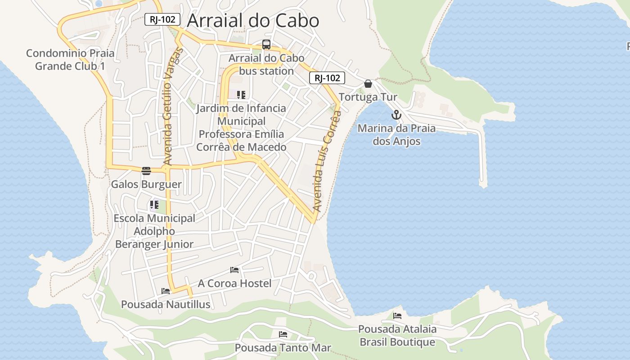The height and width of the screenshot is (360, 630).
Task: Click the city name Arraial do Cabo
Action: coord(253,21)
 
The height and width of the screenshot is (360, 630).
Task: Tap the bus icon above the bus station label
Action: coord(266,45)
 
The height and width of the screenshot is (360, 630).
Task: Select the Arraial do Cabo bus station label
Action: coord(266,64)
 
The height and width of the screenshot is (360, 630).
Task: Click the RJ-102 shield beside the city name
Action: coord(162,19)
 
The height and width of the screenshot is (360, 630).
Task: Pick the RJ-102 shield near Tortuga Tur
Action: coord(327,78)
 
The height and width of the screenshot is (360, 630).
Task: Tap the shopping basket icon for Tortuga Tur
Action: coord(368,84)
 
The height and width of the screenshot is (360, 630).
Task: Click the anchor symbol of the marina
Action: coord(396,114)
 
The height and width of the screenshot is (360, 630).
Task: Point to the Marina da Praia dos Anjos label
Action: coord(396,135)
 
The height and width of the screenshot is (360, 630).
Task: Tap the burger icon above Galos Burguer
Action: coord(146,171)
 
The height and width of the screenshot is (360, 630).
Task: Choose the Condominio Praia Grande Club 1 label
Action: coord(70,59)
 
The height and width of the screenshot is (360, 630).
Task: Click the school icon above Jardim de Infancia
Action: coord(241,95)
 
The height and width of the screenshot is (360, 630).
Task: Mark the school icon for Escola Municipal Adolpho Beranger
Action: coord(154,205)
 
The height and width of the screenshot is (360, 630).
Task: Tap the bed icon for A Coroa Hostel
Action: coord(234,270)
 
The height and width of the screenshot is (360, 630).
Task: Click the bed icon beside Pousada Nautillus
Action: coord(166,291)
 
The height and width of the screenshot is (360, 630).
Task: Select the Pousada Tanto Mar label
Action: coord(283,348)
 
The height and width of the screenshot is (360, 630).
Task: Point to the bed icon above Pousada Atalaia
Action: coord(397,316)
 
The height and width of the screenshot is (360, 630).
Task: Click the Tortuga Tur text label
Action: coord(368,97)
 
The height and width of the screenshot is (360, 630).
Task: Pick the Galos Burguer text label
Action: coord(146,184)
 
